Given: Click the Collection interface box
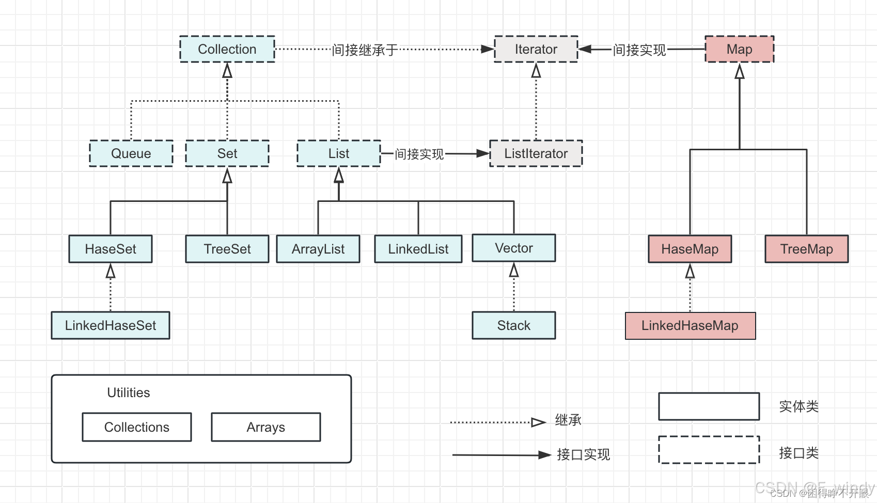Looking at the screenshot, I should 227,49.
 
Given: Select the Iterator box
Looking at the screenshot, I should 536,49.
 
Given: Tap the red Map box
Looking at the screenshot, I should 739,49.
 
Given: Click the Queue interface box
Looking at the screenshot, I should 131,153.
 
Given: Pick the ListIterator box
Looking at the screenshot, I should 536,153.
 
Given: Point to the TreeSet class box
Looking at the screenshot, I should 227,249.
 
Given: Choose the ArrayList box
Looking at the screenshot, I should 318,249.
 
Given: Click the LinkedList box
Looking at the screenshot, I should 418,249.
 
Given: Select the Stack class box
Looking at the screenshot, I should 513,325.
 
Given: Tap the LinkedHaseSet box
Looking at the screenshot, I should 110,325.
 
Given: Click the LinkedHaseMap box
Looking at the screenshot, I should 690,325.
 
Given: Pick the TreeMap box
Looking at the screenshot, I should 806,249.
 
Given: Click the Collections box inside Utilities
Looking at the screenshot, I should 136,427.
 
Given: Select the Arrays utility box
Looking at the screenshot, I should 265,427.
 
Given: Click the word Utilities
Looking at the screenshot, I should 128,392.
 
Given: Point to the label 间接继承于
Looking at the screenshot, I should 364,50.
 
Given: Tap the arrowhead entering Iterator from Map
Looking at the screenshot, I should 584,49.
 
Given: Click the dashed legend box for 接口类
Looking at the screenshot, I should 709,450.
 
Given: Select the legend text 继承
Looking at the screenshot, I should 568,420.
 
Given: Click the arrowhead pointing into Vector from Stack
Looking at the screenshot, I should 513,269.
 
